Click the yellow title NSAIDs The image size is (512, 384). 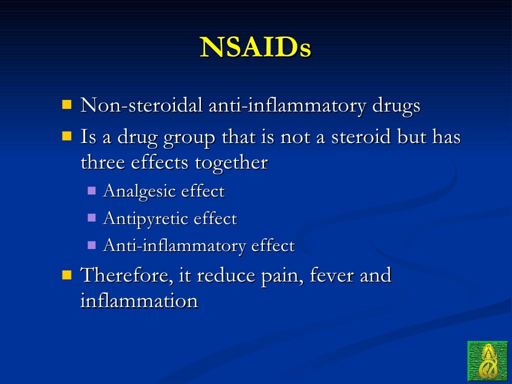click(255, 48)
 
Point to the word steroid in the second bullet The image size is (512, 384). click(358, 137)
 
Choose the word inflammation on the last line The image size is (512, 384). click(139, 301)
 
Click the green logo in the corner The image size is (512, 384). click(487, 361)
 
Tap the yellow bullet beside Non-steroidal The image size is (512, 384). click(66, 104)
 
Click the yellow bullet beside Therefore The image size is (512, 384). click(66, 274)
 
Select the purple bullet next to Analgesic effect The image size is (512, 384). click(91, 190)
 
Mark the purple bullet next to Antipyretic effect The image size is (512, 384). click(91, 217)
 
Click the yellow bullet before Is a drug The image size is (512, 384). click(66, 136)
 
